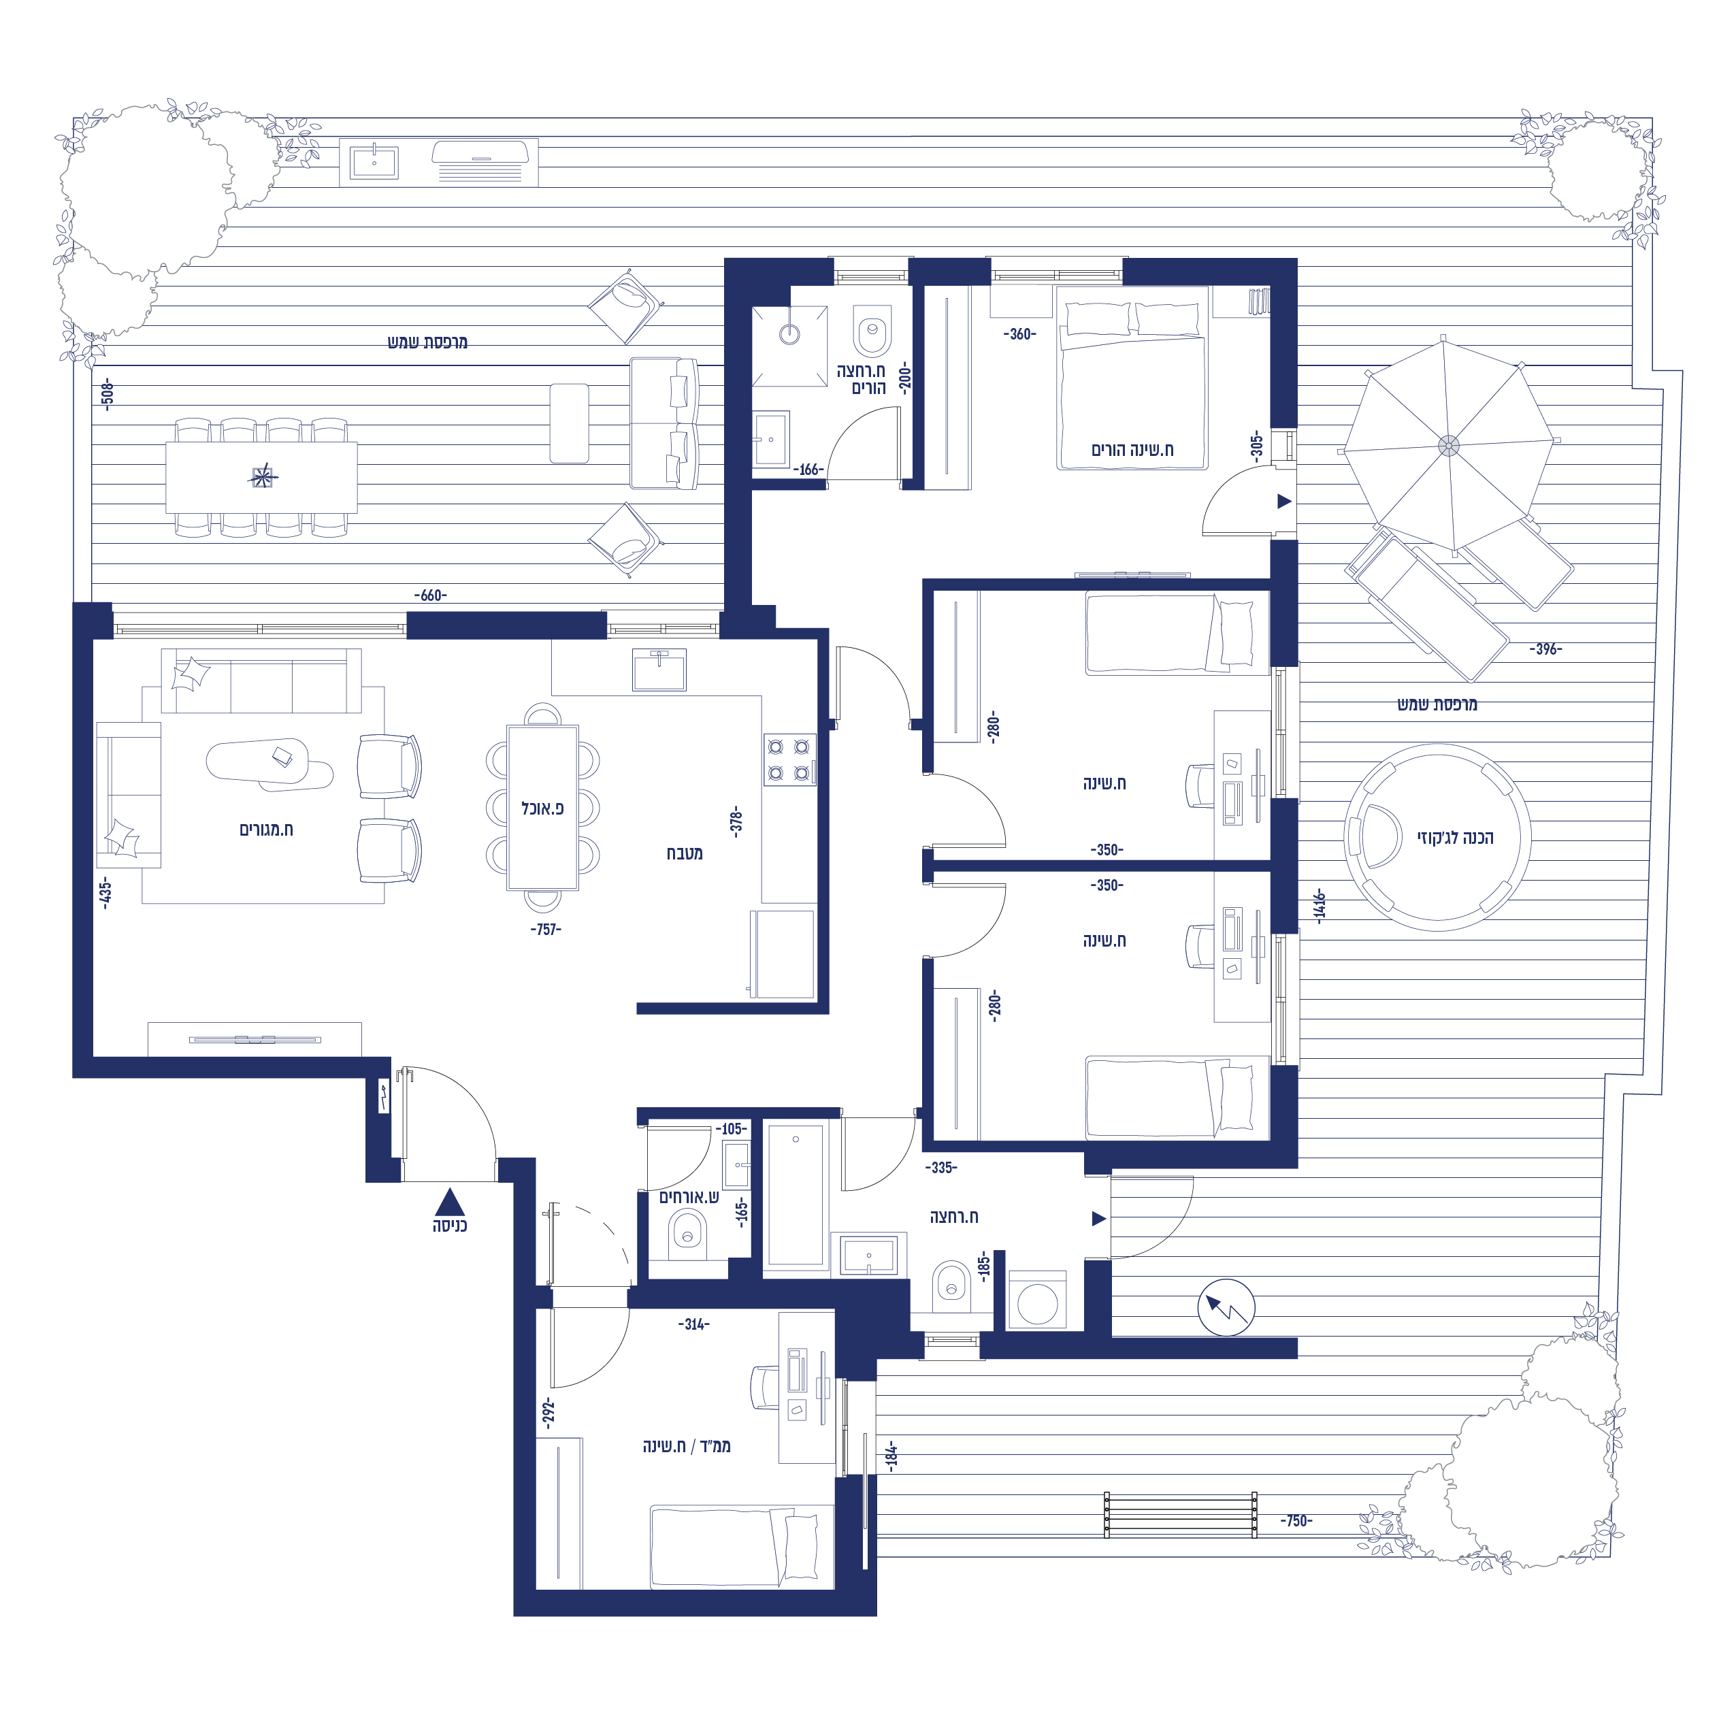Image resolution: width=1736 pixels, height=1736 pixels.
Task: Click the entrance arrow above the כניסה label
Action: pyautogui.click(x=451, y=1202)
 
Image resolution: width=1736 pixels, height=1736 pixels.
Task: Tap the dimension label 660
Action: pyautogui.click(x=430, y=595)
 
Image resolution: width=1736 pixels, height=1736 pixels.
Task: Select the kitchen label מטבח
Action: pyautogui.click(x=685, y=853)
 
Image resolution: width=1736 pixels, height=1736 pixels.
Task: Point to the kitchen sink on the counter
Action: pyautogui.click(x=659, y=670)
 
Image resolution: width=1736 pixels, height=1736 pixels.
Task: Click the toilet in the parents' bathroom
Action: pyautogui.click(x=872, y=330)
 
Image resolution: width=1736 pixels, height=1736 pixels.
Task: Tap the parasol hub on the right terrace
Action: pyautogui.click(x=1448, y=446)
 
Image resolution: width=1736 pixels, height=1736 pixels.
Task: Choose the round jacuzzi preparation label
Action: pyautogui.click(x=1456, y=838)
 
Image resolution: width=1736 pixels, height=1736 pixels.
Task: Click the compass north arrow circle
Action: pyautogui.click(x=1226, y=1308)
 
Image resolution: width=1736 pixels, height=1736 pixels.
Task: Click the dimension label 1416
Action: pyautogui.click(x=1319, y=906)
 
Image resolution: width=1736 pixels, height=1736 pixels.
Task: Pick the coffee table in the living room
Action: pyautogui.click(x=269, y=765)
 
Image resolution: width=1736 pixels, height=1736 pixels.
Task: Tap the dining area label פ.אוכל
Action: pyautogui.click(x=543, y=808)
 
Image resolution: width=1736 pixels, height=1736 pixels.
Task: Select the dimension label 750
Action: pyautogui.click(x=1296, y=1521)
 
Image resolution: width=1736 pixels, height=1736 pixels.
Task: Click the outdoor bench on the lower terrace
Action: pyautogui.click(x=1181, y=1515)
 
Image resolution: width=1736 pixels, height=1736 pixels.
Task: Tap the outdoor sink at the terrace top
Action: pyautogui.click(x=374, y=163)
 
